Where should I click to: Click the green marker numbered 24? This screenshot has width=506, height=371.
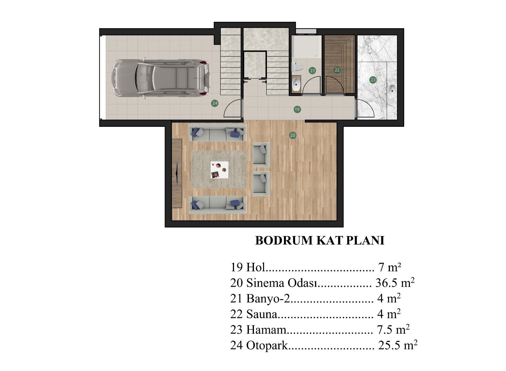pos(215,103)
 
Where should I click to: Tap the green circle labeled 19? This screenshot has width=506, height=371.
pos(297,109)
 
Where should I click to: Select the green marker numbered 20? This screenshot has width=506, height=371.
pos(293,135)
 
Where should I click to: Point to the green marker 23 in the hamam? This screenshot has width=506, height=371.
pos(373,80)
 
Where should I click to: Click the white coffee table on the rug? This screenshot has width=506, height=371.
pos(219,170)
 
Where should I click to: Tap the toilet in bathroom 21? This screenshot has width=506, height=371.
pos(297,67)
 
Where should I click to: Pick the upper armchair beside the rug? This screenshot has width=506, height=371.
pos(261,154)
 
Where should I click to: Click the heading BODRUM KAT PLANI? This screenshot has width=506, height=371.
pos(319,240)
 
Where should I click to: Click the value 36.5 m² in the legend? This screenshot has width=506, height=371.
pos(395,282)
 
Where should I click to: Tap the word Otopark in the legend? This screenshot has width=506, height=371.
pos(267,345)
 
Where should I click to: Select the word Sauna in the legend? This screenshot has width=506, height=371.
pos(262,314)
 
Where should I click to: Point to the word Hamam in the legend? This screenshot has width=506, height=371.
pos(266,330)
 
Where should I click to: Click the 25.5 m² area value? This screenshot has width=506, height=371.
pos(398,345)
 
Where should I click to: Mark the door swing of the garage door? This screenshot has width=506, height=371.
pos(232,108)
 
